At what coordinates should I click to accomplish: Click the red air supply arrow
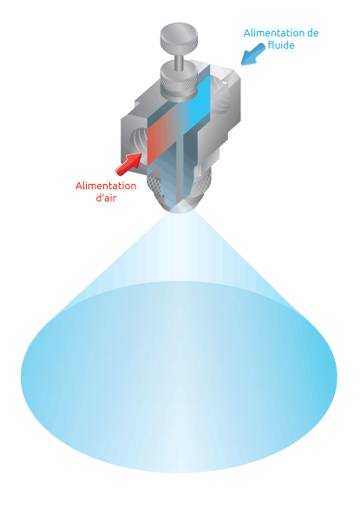[128, 163]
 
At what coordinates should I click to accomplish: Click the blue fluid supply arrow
[253, 55]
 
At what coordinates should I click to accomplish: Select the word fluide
[281, 45]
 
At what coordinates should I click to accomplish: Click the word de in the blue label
[312, 33]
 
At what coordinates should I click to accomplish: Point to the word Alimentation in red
[106, 186]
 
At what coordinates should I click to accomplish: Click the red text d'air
[106, 198]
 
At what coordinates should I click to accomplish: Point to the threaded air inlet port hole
[136, 140]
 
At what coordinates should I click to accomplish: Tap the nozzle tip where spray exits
[180, 209]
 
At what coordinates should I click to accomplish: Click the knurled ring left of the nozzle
[154, 185]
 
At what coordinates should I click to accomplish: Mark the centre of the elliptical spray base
[180, 377]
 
